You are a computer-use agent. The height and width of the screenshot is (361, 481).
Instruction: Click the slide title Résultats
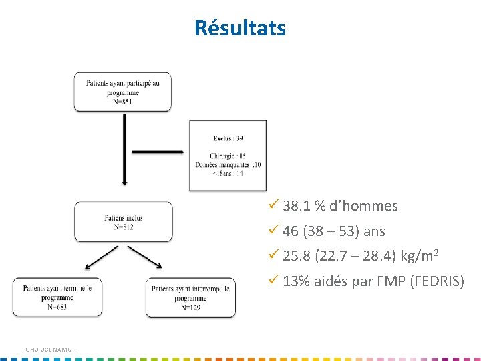(x=240, y=28)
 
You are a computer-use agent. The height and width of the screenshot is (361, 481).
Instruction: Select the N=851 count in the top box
(x=122, y=102)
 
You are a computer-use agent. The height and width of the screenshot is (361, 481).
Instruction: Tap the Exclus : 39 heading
(x=228, y=138)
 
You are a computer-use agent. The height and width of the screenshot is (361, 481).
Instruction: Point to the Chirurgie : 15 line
(x=228, y=156)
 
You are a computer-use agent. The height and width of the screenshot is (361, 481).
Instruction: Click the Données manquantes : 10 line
(x=228, y=164)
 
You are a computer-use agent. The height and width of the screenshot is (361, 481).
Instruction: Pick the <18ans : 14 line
(x=228, y=173)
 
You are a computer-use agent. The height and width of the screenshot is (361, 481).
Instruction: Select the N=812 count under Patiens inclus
(x=123, y=227)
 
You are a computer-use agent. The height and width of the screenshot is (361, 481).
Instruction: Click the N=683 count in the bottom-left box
(x=57, y=308)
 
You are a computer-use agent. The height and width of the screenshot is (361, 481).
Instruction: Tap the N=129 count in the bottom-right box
(x=190, y=308)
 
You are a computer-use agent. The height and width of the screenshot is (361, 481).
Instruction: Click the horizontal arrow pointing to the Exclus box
(x=158, y=152)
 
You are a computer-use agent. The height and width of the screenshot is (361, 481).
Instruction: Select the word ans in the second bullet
(x=374, y=231)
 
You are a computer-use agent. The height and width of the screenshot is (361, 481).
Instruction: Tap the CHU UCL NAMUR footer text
(x=51, y=350)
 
